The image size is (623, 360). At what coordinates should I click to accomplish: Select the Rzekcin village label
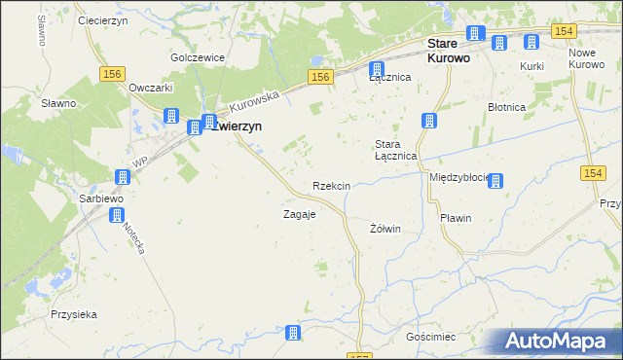tap(331, 186)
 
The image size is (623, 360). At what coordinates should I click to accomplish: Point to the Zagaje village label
tap(299, 214)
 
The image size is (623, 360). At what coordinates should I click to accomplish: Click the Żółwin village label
tap(386, 229)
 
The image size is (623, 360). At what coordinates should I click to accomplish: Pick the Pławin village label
tap(456, 218)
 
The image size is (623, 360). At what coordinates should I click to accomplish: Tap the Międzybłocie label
tap(458, 178)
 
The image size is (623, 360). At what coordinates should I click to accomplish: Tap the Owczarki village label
tap(151, 87)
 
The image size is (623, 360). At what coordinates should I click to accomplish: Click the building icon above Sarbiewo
tap(122, 177)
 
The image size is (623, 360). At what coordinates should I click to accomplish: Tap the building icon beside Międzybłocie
tap(495, 180)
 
